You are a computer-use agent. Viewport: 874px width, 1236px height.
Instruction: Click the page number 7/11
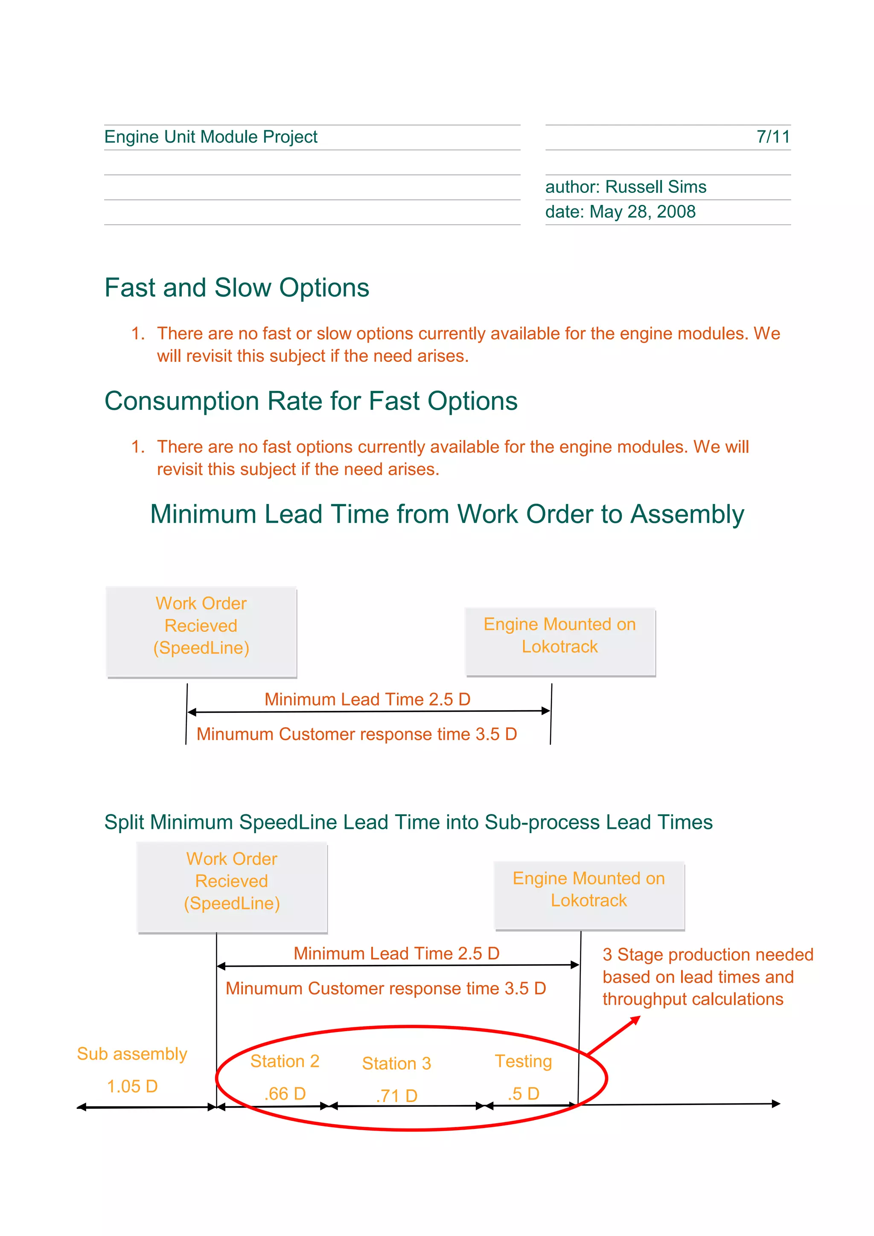773,137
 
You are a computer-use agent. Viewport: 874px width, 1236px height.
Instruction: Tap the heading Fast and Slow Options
237,288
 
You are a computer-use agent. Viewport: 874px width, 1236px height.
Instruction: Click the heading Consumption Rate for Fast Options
311,401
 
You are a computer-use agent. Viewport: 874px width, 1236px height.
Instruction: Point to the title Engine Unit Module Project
210,137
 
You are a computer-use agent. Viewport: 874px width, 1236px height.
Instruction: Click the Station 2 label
285,1061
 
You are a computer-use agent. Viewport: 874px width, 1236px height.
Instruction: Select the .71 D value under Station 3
396,1096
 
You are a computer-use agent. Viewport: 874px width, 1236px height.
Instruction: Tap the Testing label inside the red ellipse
523,1061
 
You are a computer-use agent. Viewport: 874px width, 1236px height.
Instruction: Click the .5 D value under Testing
523,1093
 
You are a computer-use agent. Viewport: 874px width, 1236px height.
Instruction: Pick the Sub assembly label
132,1053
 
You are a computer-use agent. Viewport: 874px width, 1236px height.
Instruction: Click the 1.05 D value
132,1086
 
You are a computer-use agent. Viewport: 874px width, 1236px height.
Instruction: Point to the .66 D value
285,1093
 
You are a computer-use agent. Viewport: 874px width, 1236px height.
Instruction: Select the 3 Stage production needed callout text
707,977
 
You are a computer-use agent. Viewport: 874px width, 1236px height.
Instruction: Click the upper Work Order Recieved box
201,632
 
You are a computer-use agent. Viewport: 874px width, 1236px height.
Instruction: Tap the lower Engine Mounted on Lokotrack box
589,895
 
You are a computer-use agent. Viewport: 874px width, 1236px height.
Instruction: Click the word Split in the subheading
124,822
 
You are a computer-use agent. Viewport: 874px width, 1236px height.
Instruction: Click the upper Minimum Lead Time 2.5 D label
367,699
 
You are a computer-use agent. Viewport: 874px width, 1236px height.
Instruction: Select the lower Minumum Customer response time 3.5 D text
385,988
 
